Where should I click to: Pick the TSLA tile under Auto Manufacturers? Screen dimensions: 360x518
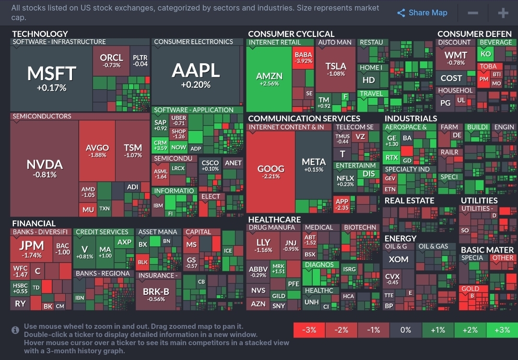[335, 70]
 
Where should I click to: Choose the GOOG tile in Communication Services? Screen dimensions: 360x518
[271, 172]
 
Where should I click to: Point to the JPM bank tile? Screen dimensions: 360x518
[32, 248]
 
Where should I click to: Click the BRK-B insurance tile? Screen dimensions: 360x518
[156, 294]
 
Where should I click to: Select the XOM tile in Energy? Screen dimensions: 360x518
[399, 259]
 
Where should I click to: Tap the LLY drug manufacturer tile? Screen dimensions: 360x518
[263, 245]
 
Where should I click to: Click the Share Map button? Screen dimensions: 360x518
[422, 13]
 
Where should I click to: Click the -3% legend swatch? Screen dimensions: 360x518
[309, 330]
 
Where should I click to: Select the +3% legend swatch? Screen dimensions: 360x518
[502, 330]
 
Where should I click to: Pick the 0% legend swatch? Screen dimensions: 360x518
[405, 330]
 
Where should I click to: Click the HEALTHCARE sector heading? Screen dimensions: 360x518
[274, 220]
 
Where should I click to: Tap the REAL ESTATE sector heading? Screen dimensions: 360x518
[409, 200]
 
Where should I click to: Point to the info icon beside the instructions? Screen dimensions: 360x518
[15, 330]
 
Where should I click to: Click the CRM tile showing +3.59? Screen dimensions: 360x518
[160, 145]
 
